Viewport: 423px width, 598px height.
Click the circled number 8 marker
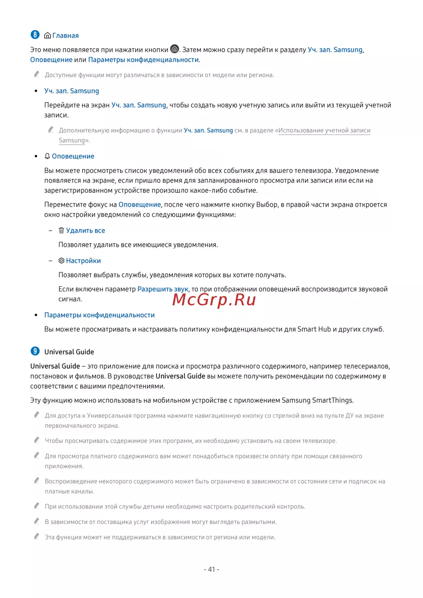(x=35, y=35)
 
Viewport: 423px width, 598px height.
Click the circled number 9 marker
(x=35, y=351)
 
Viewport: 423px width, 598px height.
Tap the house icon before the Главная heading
(x=47, y=36)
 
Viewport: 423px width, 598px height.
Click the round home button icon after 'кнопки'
(x=174, y=49)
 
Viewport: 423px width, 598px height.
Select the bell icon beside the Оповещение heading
(x=47, y=156)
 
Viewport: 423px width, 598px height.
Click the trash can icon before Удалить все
(x=61, y=230)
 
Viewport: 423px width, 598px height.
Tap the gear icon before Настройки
(x=61, y=261)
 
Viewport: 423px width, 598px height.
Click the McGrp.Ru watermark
(x=214, y=300)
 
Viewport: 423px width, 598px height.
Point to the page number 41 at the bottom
(x=211, y=569)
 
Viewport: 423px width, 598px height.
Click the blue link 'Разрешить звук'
(x=163, y=289)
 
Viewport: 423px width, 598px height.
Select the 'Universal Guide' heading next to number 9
(x=69, y=352)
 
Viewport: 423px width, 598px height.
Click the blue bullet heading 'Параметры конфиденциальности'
(x=99, y=315)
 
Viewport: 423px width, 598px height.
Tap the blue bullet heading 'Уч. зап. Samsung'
(x=71, y=91)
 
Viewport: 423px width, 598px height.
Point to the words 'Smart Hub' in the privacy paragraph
(x=314, y=329)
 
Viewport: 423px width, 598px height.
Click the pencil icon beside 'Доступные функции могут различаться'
(x=37, y=74)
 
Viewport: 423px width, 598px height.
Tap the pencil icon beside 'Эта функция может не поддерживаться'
(x=37, y=537)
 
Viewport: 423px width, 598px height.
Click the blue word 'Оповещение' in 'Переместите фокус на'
(x=140, y=205)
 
